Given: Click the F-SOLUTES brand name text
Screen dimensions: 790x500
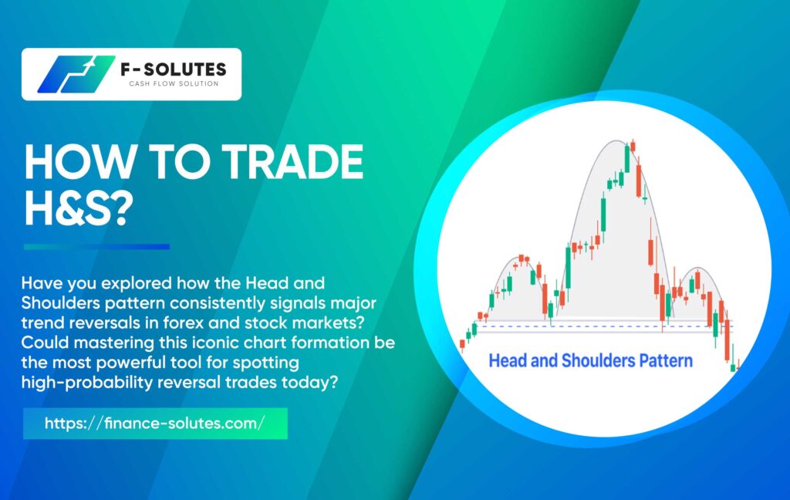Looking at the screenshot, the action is pyautogui.click(x=174, y=69).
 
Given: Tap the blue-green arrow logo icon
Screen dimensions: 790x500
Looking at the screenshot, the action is pyautogui.click(x=76, y=74).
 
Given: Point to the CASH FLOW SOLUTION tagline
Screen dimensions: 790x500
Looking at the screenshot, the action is pyautogui.click(x=174, y=83).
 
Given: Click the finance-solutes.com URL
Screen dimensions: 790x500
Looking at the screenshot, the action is pyautogui.click(x=154, y=423).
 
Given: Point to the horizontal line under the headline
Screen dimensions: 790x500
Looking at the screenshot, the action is pyautogui.click(x=96, y=247).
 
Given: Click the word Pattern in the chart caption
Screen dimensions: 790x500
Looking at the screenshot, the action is pyautogui.click(x=666, y=361).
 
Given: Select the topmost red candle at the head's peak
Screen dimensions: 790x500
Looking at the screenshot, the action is pyautogui.click(x=633, y=146).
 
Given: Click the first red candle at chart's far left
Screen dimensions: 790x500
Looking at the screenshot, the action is pyautogui.click(x=463, y=345).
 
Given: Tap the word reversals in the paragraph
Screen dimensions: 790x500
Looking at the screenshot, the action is pyautogui.click(x=102, y=323).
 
